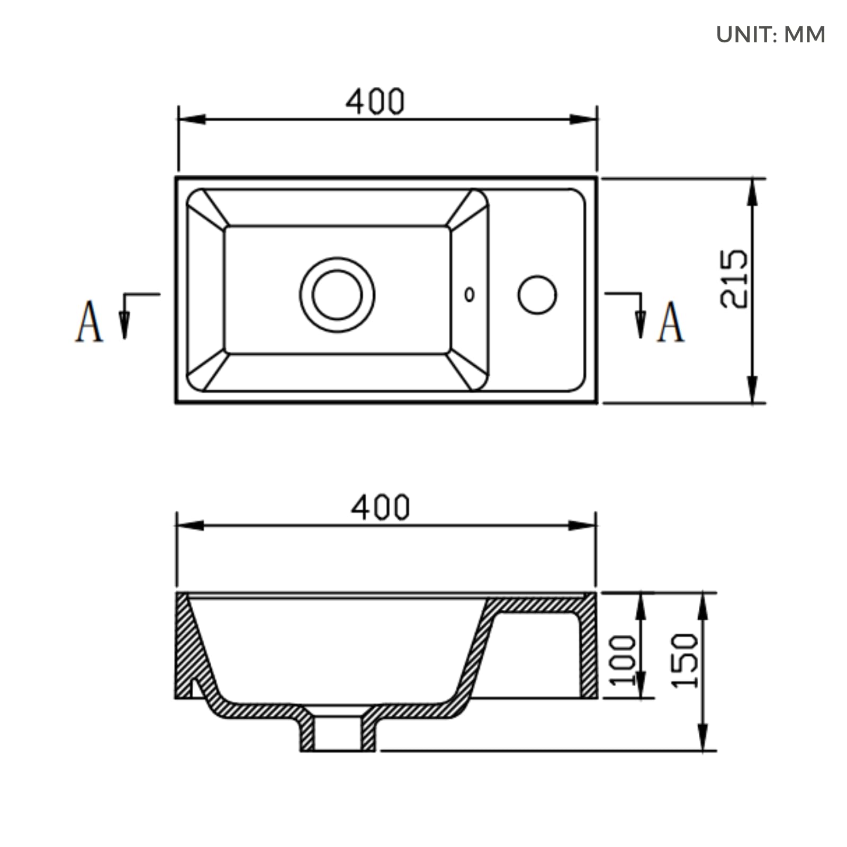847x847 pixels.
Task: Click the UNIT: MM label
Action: (x=770, y=35)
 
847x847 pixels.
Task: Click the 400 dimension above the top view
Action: (x=375, y=102)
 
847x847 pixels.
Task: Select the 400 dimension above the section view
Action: (x=380, y=507)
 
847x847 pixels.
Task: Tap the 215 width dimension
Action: (x=734, y=278)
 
